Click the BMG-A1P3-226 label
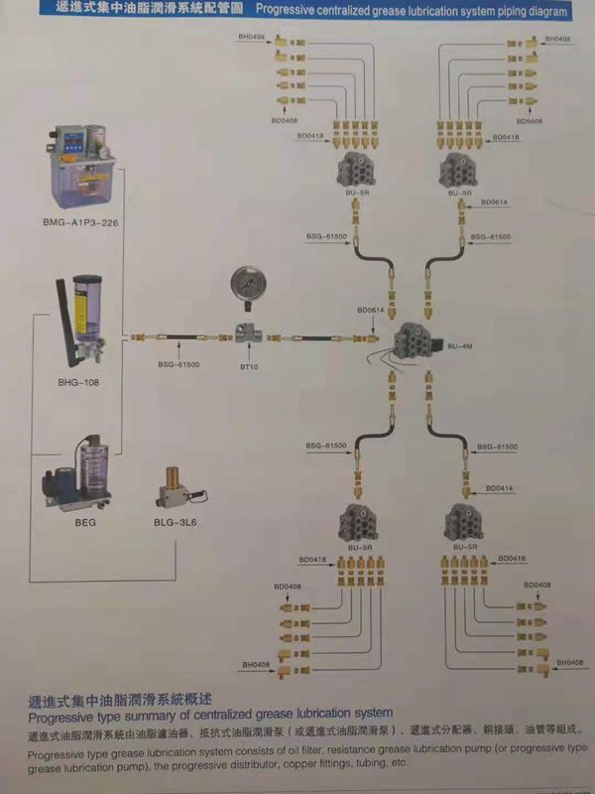click(x=81, y=222)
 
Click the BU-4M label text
click(x=463, y=346)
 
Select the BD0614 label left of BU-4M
click(x=371, y=310)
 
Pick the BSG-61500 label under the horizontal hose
click(x=178, y=365)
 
